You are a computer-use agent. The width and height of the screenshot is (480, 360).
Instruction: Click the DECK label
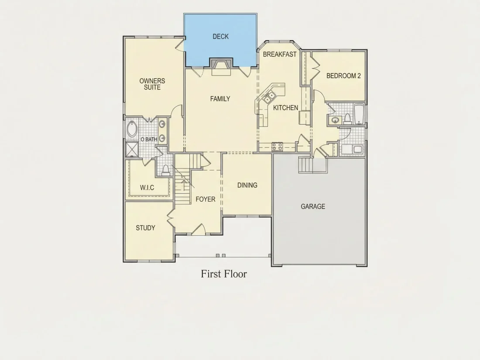pyautogui.click(x=220, y=36)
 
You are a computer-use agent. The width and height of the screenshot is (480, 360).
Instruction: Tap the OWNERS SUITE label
pyautogui.click(x=152, y=84)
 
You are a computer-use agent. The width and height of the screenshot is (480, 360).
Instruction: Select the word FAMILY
pyautogui.click(x=220, y=99)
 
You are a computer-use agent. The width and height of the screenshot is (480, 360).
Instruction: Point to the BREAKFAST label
pyautogui.click(x=279, y=54)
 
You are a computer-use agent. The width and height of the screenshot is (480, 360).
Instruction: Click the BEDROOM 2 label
pyautogui.click(x=343, y=75)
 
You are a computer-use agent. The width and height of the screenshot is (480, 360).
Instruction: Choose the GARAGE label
pyautogui.click(x=313, y=206)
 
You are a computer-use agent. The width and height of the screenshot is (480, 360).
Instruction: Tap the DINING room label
pyautogui.click(x=247, y=185)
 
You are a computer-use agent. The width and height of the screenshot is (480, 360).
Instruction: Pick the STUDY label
pyautogui.click(x=145, y=228)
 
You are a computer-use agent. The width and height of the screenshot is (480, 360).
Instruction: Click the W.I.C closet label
pyautogui.click(x=147, y=187)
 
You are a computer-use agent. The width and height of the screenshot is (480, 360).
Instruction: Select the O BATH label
pyautogui.click(x=149, y=139)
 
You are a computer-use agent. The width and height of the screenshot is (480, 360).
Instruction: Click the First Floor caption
pyautogui.click(x=224, y=274)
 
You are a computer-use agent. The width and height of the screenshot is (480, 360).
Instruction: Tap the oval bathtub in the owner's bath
pyautogui.click(x=132, y=129)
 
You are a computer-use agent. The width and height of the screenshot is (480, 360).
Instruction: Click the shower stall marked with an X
pyautogui.click(x=132, y=150)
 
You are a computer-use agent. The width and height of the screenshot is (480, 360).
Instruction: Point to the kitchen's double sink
pyautogui.click(x=269, y=97)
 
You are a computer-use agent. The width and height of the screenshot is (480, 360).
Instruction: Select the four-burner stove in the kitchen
pyautogui.click(x=278, y=146)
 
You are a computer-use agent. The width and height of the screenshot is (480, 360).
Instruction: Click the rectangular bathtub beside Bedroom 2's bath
pyautogui.click(x=359, y=114)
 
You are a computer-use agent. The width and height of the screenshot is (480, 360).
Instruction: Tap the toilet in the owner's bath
pyautogui.click(x=166, y=170)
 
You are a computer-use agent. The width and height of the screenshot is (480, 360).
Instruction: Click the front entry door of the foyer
pyautogui.click(x=199, y=229)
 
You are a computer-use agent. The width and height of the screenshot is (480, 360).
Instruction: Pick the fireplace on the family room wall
pyautogui.click(x=221, y=64)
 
